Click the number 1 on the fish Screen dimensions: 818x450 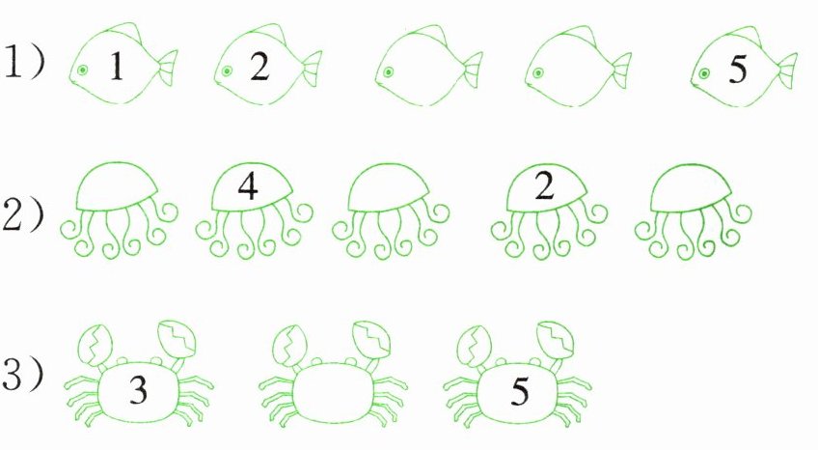pos(117,67)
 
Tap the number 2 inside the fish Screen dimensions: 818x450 pos(259,67)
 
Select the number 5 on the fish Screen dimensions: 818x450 pos(738,69)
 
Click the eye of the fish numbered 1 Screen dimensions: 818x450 pos(82,70)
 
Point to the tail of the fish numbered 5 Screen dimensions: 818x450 pos(787,70)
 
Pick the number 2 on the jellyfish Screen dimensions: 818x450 pos(544,185)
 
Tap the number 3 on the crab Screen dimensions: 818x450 pos(138,389)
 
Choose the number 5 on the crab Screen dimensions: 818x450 pos(520,390)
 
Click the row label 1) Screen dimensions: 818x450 pos(23,63)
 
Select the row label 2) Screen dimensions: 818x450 pos(22,215)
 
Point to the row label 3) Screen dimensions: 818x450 pos(22,374)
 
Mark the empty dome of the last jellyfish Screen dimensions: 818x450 pos(690,188)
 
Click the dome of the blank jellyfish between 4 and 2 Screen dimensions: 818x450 pos(388,187)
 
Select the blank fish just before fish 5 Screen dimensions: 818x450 pos(578,66)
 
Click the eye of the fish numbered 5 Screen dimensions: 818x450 pos(704,73)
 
